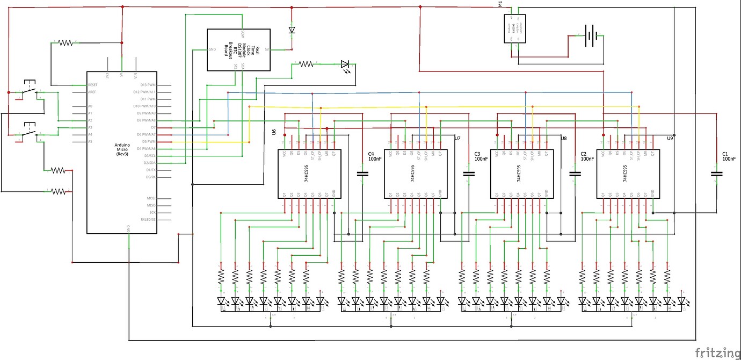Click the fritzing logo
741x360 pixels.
[717, 352]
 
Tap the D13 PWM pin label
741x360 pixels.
[147, 85]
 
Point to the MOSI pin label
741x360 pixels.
[152, 198]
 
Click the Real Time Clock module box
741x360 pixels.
[238, 50]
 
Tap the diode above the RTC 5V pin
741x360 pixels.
[292, 30]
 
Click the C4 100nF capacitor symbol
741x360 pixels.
[362, 174]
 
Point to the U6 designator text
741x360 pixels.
[274, 132]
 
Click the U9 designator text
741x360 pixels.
[670, 138]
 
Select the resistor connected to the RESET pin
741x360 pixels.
[65, 42]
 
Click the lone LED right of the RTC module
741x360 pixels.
[345, 64]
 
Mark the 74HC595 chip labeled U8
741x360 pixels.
[519, 174]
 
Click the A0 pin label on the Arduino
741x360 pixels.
[90, 106]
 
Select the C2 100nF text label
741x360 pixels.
[587, 156]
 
